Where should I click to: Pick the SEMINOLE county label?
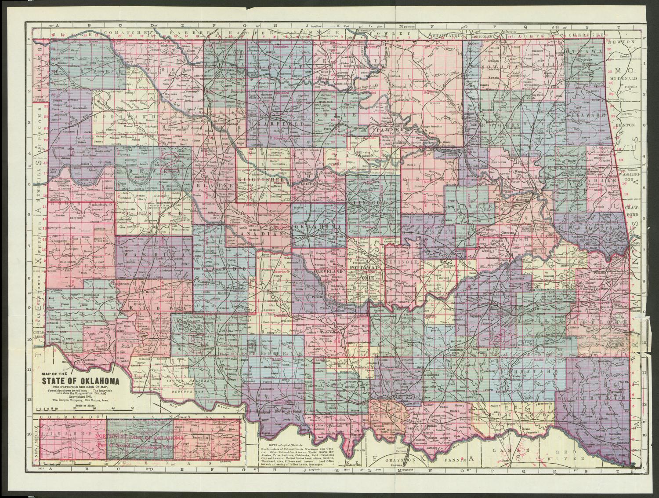pos(401,262)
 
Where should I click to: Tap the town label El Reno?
pos(254,230)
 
